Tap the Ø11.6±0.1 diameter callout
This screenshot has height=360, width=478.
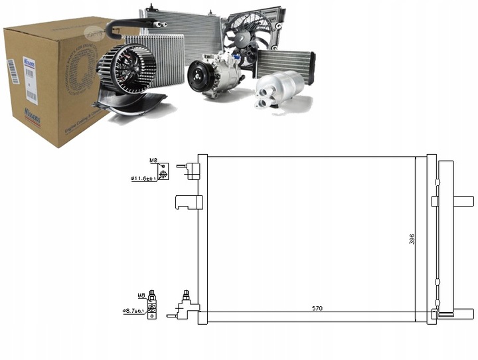coord(143,178)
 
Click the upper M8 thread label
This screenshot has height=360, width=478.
coord(153,160)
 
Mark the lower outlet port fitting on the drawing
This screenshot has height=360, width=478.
coord(185,307)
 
